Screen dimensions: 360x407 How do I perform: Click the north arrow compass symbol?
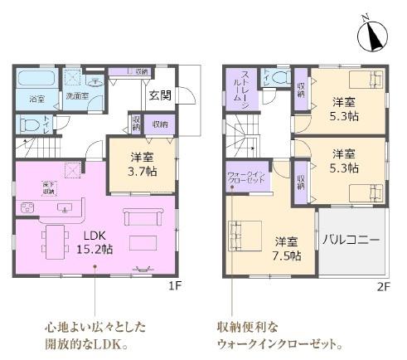tap(373, 32)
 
